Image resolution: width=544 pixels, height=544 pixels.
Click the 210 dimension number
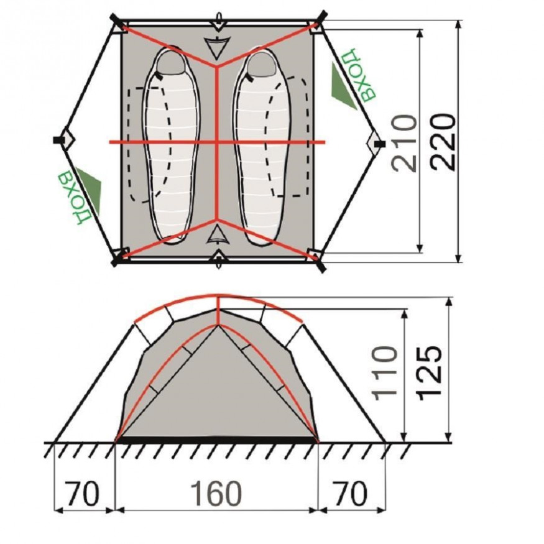pyautogui.click(x=405, y=143)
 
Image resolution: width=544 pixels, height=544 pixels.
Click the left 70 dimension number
pyautogui.click(x=83, y=494)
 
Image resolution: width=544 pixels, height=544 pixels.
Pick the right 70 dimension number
pyautogui.click(x=349, y=494)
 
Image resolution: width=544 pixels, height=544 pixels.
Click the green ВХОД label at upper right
pyautogui.click(x=358, y=75)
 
